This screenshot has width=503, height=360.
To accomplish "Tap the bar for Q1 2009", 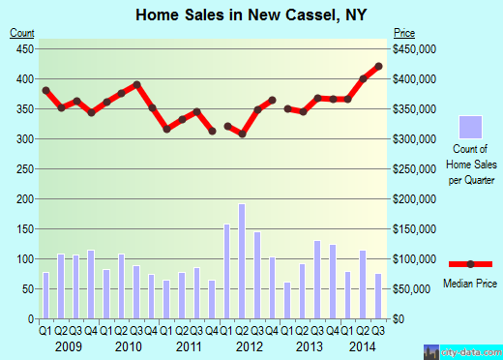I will point(45,295).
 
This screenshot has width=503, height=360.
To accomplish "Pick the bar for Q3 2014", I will point(378,296).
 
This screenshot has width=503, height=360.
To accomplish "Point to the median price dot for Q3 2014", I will point(378,66).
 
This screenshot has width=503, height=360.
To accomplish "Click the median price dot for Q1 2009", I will point(45,90).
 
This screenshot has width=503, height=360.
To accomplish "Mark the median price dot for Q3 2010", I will point(136,84).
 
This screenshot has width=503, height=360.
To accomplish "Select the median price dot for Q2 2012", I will point(242,134).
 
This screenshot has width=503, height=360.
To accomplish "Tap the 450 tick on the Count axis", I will point(23,48).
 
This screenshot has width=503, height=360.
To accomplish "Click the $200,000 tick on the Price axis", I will point(413,199).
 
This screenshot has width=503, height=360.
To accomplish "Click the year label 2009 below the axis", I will point(69,345).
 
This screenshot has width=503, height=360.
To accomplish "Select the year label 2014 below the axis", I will point(363,345).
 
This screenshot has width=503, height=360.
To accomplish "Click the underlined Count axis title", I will point(22,34).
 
